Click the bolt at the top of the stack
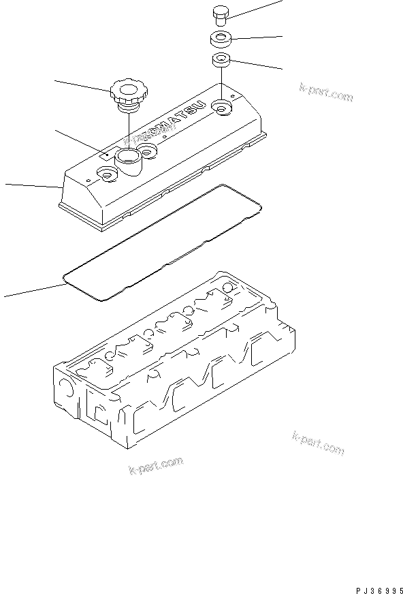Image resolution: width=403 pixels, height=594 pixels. (220, 14)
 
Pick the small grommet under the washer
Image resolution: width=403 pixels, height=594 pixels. (220, 60)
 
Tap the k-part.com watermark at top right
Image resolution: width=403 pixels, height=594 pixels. (326, 93)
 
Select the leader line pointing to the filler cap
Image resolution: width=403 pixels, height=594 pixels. (82, 85)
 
